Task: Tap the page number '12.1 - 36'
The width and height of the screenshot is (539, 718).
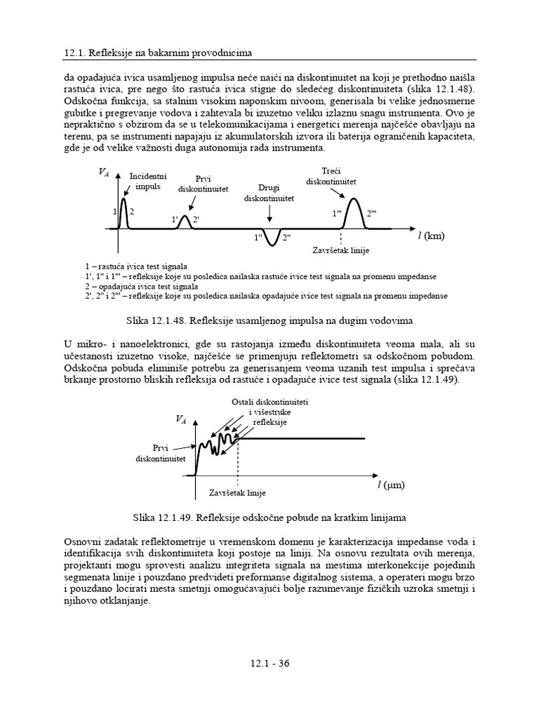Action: (x=269, y=665)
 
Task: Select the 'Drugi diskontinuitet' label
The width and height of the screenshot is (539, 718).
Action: (x=268, y=193)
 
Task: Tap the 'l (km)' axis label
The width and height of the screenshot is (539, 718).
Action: (x=431, y=236)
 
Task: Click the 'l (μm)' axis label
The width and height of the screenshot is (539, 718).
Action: (x=391, y=484)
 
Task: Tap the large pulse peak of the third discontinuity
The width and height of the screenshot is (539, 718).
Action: (x=354, y=203)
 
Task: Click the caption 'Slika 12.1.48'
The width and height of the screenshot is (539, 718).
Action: (x=269, y=320)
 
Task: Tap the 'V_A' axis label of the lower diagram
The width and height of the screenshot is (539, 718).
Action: (x=180, y=419)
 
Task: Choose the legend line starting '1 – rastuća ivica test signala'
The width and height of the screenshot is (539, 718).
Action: (x=134, y=267)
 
